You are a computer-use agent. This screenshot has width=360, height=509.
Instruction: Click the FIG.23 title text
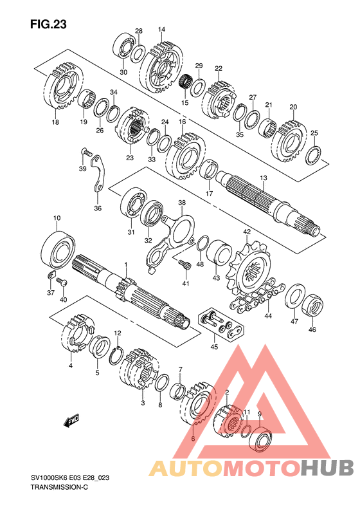(49, 24)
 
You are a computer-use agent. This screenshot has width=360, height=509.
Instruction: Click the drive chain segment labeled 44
(258, 297)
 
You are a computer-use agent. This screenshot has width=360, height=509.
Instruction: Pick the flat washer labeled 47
(295, 296)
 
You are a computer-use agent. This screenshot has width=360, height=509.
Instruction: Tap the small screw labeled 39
(87, 152)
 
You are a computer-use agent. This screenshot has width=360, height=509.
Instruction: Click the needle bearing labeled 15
(186, 81)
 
